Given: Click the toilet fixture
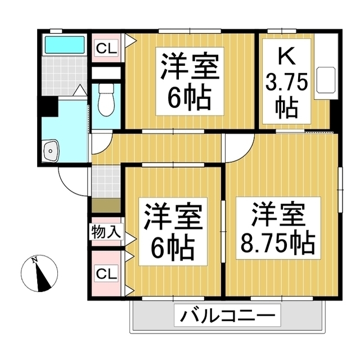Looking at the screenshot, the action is (106, 100).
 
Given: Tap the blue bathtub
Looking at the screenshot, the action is (65, 45).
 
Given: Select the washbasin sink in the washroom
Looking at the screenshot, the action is (51, 150).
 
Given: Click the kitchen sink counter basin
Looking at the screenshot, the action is (326, 80).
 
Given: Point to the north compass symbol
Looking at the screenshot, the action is (39, 273).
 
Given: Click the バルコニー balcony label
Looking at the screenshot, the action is (227, 315).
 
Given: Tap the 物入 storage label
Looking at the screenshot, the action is (106, 232).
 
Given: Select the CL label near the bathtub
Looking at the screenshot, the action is (106, 48).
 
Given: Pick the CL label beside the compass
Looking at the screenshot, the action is (106, 273).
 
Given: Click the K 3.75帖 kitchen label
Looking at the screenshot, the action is (286, 82).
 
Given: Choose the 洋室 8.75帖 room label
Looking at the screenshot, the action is (278, 228).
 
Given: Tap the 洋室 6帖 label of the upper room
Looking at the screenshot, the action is (190, 81).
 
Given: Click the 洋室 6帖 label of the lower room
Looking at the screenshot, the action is (173, 231).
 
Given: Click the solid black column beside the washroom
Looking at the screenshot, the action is (49, 106).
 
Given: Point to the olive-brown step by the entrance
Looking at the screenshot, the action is (106, 205).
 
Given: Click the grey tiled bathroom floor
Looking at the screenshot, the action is (65, 75).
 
